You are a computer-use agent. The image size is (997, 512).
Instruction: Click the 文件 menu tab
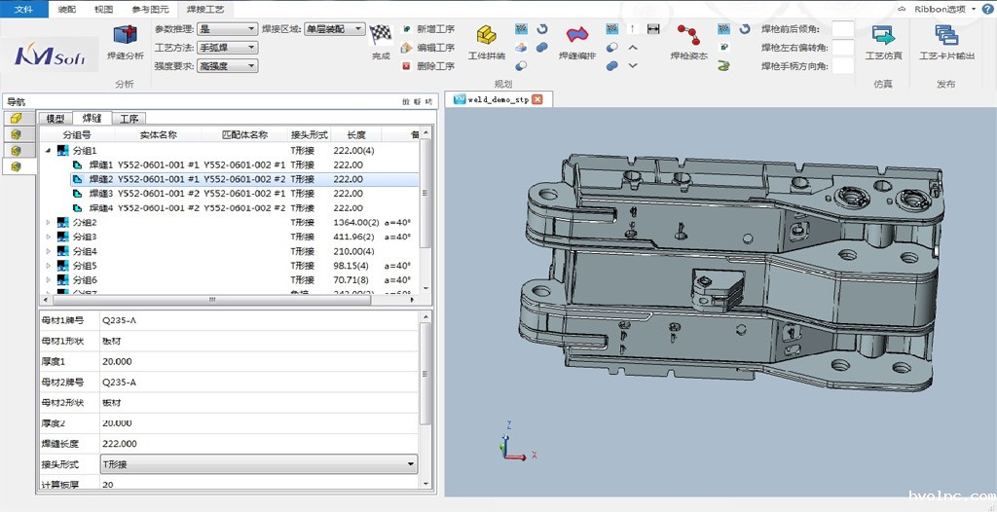click(x=22, y=8)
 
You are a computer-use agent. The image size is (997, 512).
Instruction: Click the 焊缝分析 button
click(x=125, y=45)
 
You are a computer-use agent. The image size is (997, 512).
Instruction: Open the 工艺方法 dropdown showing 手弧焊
click(x=228, y=48)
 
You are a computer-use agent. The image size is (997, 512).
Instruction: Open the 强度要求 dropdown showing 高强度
click(x=228, y=66)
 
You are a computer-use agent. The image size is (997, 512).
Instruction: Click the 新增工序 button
click(x=427, y=29)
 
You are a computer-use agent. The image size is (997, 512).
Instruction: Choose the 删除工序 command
click(x=427, y=66)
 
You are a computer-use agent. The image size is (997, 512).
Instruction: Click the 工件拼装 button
click(x=487, y=45)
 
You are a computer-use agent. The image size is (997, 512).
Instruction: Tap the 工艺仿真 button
click(x=883, y=45)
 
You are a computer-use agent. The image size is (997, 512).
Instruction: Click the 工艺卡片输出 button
click(x=946, y=45)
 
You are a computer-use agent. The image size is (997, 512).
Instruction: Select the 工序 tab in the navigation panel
click(x=129, y=119)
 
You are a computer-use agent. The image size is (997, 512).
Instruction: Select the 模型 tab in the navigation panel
click(x=55, y=119)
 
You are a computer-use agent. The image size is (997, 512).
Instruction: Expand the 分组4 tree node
click(x=49, y=251)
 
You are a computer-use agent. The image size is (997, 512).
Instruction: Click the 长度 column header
click(x=355, y=135)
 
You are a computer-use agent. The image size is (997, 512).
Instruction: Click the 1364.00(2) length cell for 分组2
click(x=354, y=223)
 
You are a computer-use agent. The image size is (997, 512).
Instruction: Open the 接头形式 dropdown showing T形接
click(x=259, y=464)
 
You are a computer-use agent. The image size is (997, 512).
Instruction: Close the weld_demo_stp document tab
click(x=536, y=99)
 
